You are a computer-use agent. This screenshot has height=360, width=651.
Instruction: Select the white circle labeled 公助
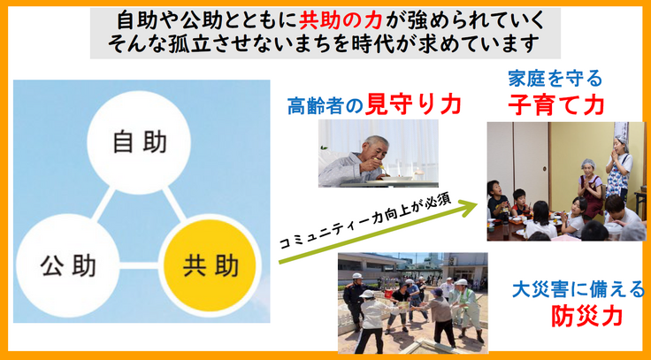[x=67, y=264]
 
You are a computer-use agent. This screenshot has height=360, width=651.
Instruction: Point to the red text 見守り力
[x=427, y=103]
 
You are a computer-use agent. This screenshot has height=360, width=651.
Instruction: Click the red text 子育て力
[x=555, y=104]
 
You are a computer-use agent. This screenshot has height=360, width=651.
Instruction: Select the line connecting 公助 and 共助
[x=139, y=264]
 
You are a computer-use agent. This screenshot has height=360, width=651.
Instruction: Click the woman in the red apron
[x=587, y=190]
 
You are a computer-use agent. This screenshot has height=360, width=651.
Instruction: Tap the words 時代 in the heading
[x=406, y=42]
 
